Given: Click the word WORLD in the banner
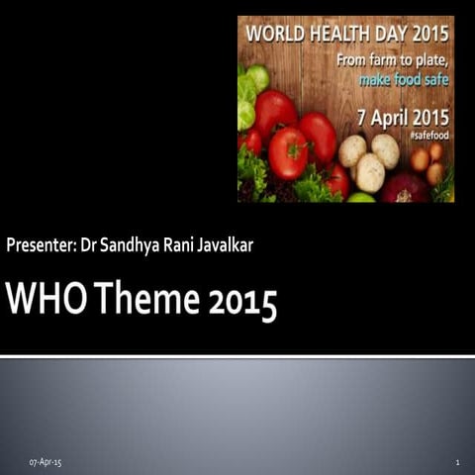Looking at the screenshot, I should click(270, 33).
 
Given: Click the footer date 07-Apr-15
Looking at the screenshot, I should click(45, 462).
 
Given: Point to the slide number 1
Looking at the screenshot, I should click(458, 462).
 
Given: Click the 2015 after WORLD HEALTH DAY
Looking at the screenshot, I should click(431, 33).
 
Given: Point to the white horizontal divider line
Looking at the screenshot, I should click(237, 355).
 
